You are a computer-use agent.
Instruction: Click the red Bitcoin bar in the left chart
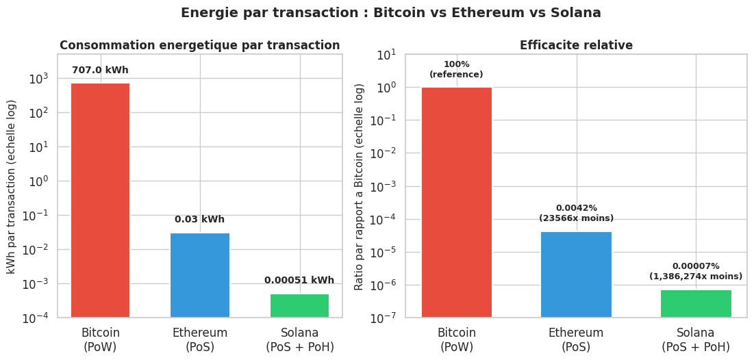click(100, 200)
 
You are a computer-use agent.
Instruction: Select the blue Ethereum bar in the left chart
click(200, 274)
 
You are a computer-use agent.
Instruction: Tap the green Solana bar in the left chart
click(299, 305)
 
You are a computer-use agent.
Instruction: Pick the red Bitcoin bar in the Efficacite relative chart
click(457, 202)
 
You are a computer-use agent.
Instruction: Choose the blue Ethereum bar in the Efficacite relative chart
click(576, 274)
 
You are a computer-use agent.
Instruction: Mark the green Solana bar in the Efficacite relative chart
click(696, 303)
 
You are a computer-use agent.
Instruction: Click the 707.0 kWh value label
click(100, 70)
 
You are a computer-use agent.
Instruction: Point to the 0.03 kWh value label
click(199, 220)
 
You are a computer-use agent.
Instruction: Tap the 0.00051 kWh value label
click(299, 281)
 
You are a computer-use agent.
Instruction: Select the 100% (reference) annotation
click(456, 70)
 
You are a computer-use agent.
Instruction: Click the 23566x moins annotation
click(576, 218)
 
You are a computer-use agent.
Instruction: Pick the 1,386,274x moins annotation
click(696, 277)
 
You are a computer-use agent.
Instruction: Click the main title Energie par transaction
click(390, 13)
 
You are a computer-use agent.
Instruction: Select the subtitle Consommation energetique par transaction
click(199, 45)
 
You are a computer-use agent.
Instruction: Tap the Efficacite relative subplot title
click(576, 45)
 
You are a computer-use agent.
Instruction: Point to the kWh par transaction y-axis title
click(12, 186)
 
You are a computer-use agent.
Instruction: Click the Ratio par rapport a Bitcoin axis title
click(359, 186)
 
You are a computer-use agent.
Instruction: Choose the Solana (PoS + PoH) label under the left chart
click(300, 339)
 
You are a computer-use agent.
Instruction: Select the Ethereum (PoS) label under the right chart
click(576, 339)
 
